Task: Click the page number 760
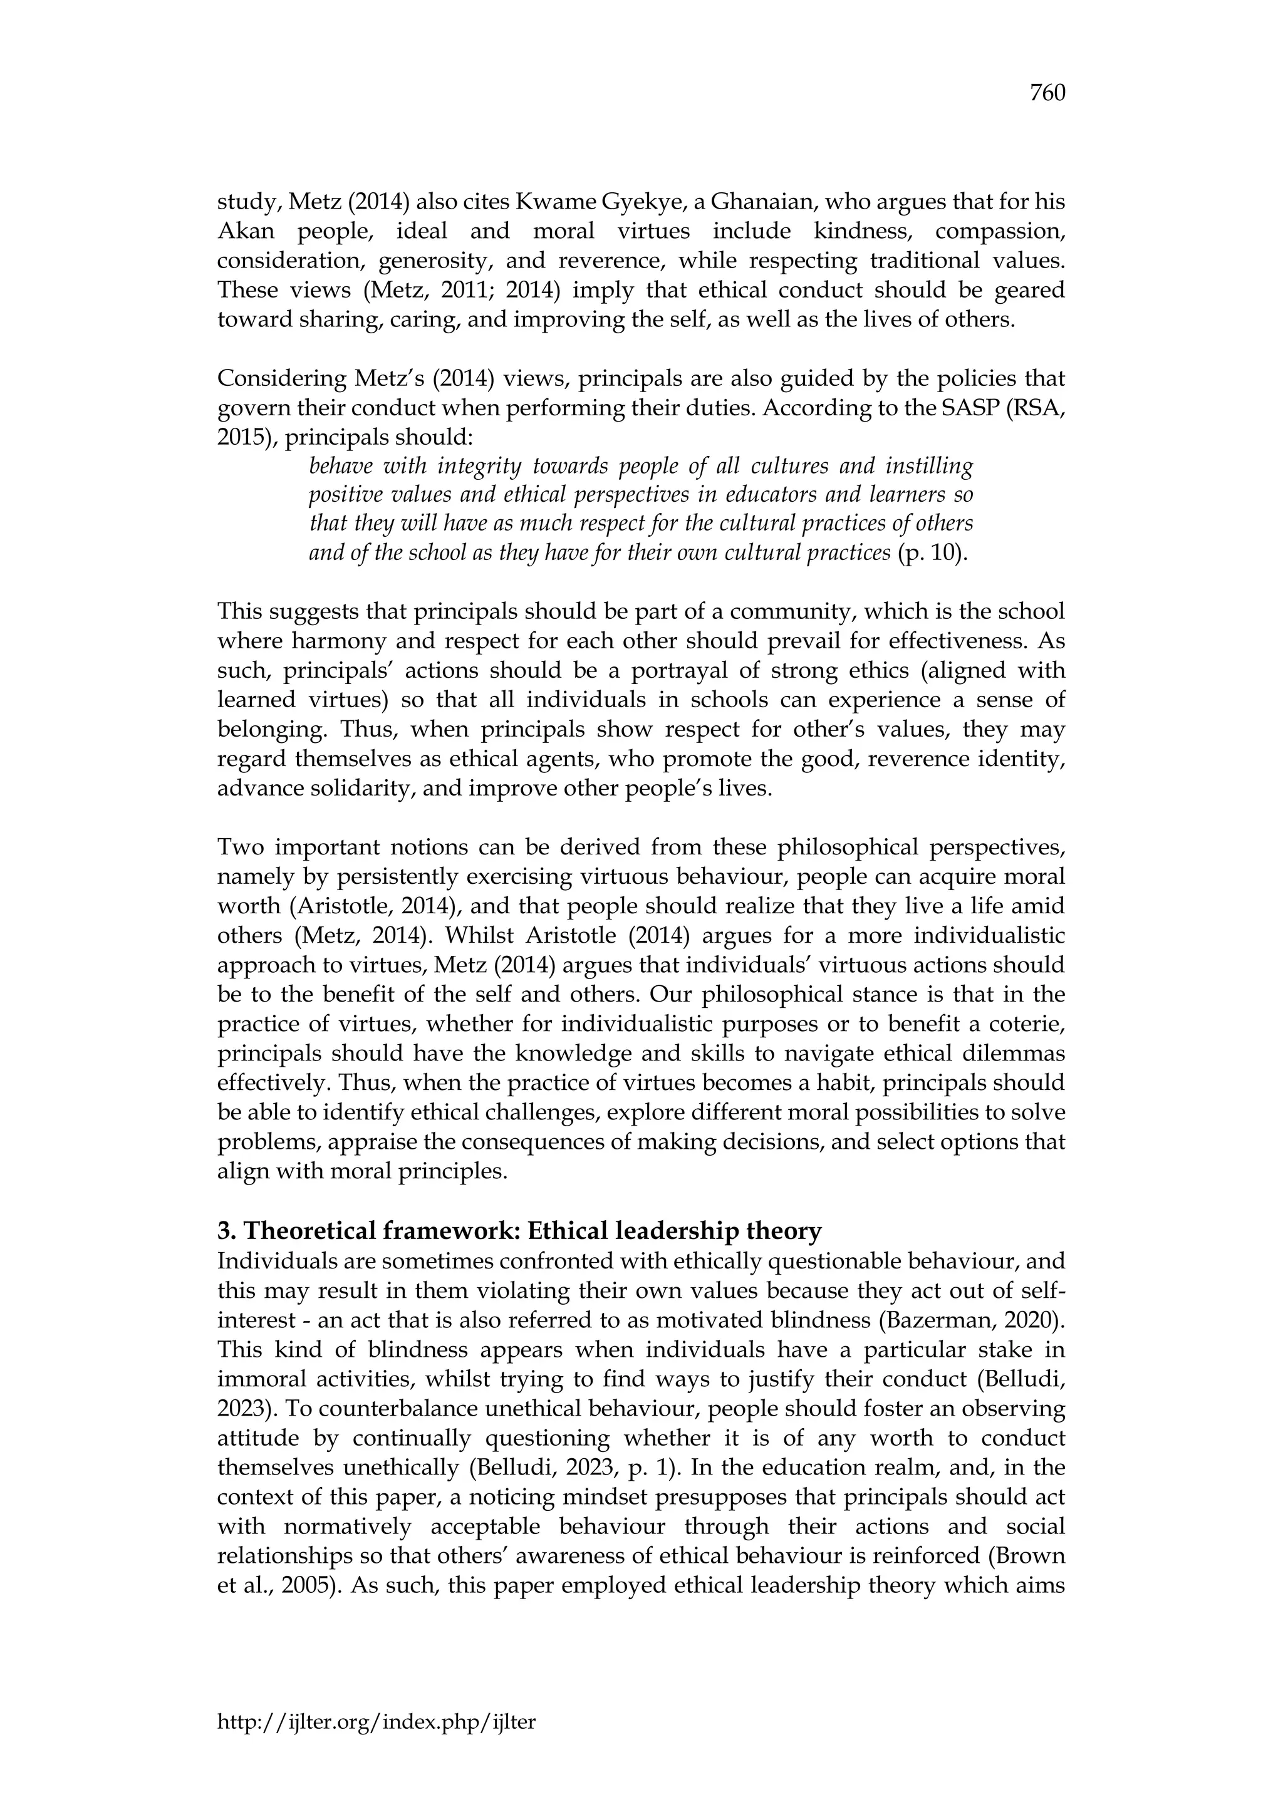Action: click(1047, 94)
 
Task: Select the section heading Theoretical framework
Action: click(519, 1231)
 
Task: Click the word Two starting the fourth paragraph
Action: click(239, 847)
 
